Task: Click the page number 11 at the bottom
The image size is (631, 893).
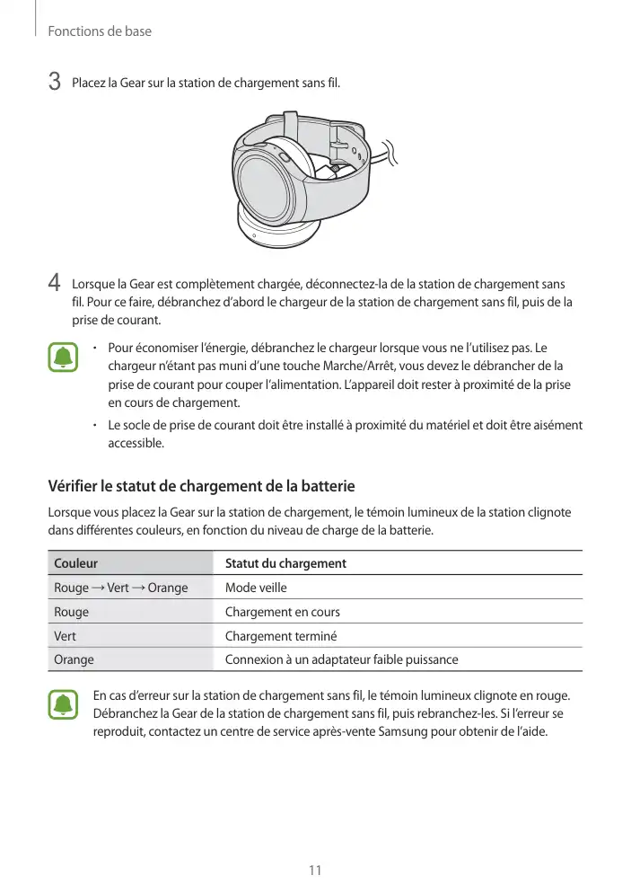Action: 315,870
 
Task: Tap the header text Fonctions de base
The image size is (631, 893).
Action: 100,31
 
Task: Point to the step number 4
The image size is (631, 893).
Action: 54,282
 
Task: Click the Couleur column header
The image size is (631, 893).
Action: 76,563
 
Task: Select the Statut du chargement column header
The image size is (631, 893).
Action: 285,563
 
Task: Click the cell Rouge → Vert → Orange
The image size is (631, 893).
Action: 121,588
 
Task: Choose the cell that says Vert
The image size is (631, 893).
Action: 66,636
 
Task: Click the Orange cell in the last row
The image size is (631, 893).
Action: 74,659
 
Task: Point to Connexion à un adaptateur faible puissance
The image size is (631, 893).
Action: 341,659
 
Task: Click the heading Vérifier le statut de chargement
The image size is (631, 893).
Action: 201,486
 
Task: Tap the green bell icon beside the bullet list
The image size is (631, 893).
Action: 63,358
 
